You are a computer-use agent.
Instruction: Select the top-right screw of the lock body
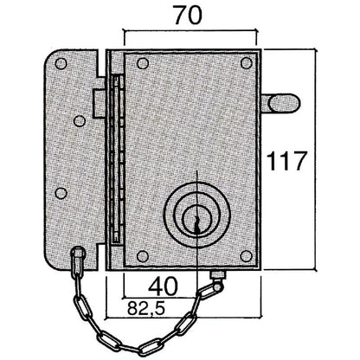248,63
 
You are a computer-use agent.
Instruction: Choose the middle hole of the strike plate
60,192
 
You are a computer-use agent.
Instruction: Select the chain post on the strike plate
77,256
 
